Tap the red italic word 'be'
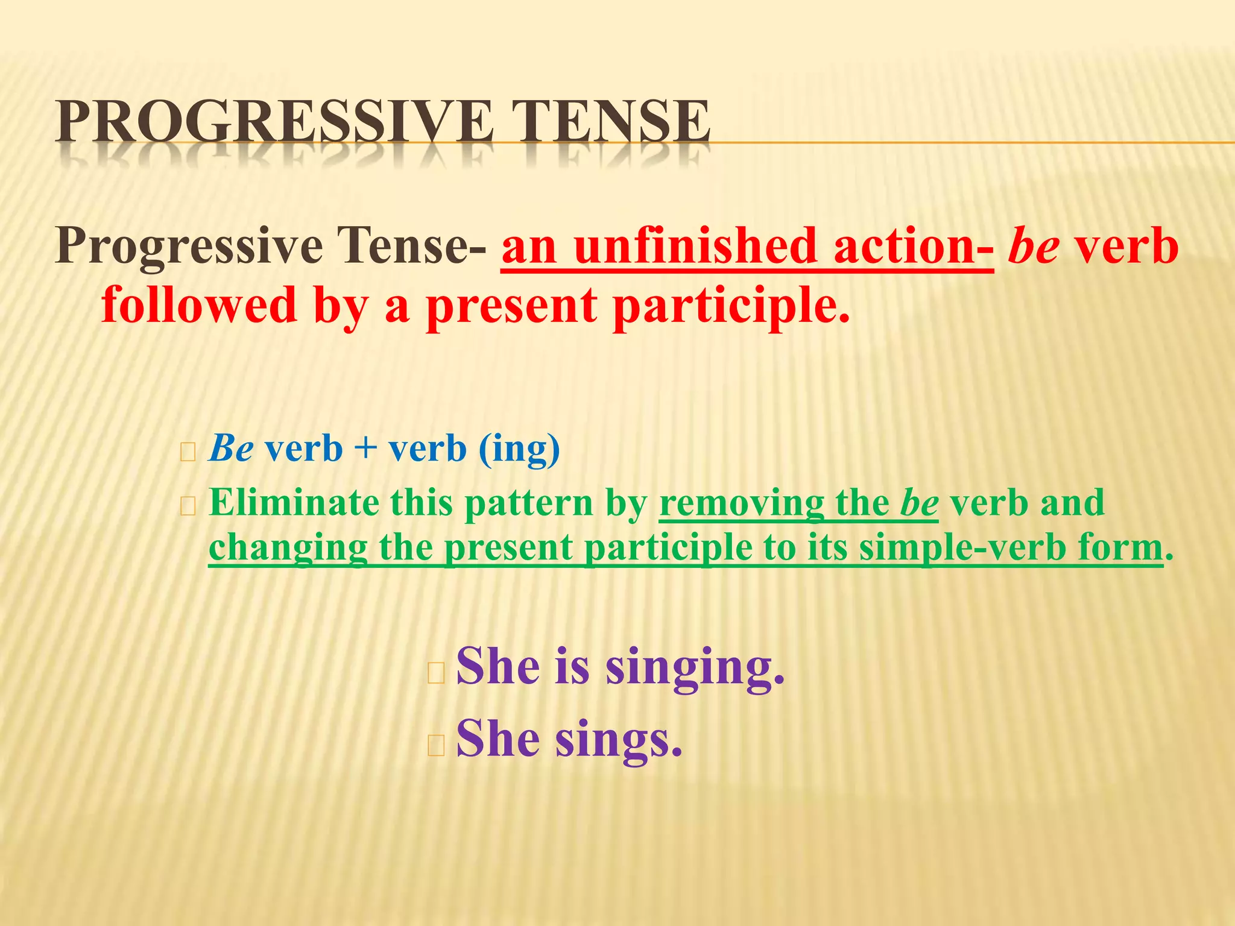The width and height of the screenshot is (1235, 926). pos(1034,247)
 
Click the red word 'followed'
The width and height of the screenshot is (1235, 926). pos(199,305)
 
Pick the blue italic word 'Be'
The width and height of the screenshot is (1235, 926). pos(231,449)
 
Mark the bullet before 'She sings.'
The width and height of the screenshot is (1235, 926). pos(435,746)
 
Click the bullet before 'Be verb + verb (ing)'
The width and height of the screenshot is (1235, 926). pos(188,452)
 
